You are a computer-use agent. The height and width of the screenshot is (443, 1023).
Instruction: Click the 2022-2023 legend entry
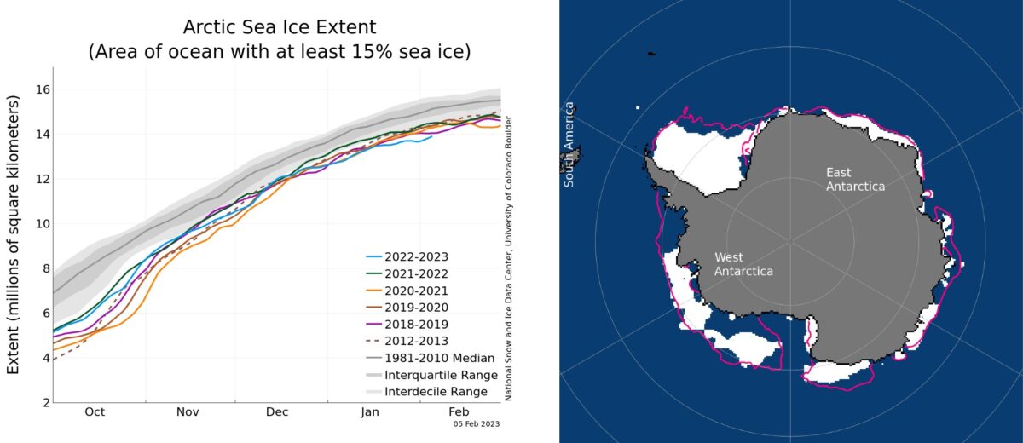(417, 256)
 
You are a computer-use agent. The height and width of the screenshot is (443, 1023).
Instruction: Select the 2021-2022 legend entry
(417, 273)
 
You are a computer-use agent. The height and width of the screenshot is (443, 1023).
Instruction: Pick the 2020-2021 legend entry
(417, 290)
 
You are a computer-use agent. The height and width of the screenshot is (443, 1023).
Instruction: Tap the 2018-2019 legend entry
(417, 324)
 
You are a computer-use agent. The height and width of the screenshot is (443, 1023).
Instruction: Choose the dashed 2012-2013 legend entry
(417, 341)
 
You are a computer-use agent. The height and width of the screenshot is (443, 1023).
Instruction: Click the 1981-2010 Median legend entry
(435, 358)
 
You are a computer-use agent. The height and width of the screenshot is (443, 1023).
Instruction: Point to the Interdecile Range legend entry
(436, 392)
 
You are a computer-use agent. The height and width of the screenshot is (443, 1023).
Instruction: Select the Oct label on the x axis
(94, 412)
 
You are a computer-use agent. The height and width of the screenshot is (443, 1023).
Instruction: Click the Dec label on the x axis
(277, 412)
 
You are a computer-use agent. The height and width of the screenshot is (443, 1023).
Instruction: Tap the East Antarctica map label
(855, 179)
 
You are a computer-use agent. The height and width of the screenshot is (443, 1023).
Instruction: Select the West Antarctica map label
(743, 264)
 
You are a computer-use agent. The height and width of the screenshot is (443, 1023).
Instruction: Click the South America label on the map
(569, 145)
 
